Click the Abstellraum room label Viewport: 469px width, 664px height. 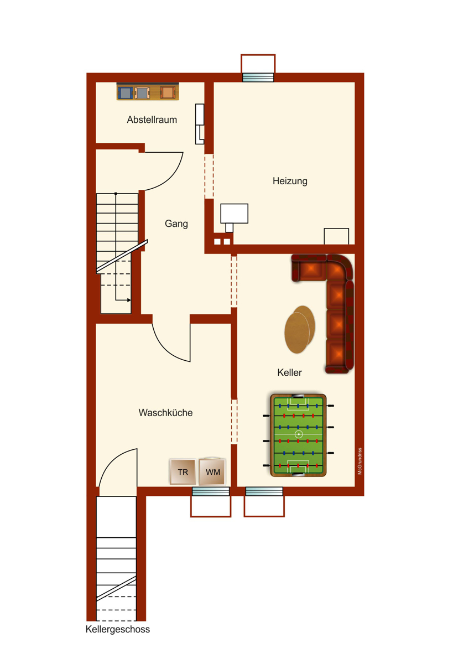pyautogui.click(x=152, y=120)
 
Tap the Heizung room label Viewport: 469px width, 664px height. pyautogui.click(x=290, y=181)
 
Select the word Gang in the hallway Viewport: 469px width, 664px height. pyautogui.click(x=176, y=224)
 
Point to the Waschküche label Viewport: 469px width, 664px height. pyautogui.click(x=165, y=413)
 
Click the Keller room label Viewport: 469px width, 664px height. pyautogui.click(x=290, y=372)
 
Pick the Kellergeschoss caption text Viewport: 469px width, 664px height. pyautogui.click(x=118, y=629)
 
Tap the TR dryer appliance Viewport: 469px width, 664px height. pyautogui.click(x=183, y=472)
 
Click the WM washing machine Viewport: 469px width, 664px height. pyautogui.click(x=213, y=472)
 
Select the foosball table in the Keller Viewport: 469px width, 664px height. pyautogui.click(x=299, y=435)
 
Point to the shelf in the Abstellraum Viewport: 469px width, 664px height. pyautogui.click(x=148, y=92)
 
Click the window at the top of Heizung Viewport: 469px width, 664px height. pyautogui.click(x=258, y=77)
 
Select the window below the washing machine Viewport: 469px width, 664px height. pyautogui.click(x=211, y=491)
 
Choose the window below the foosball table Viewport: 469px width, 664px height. pyautogui.click(x=264, y=491)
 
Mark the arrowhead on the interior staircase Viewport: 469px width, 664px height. pyautogui.click(x=129, y=300)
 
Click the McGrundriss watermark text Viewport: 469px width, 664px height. pyautogui.click(x=360, y=461)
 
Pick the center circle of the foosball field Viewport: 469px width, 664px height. pyautogui.click(x=299, y=434)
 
